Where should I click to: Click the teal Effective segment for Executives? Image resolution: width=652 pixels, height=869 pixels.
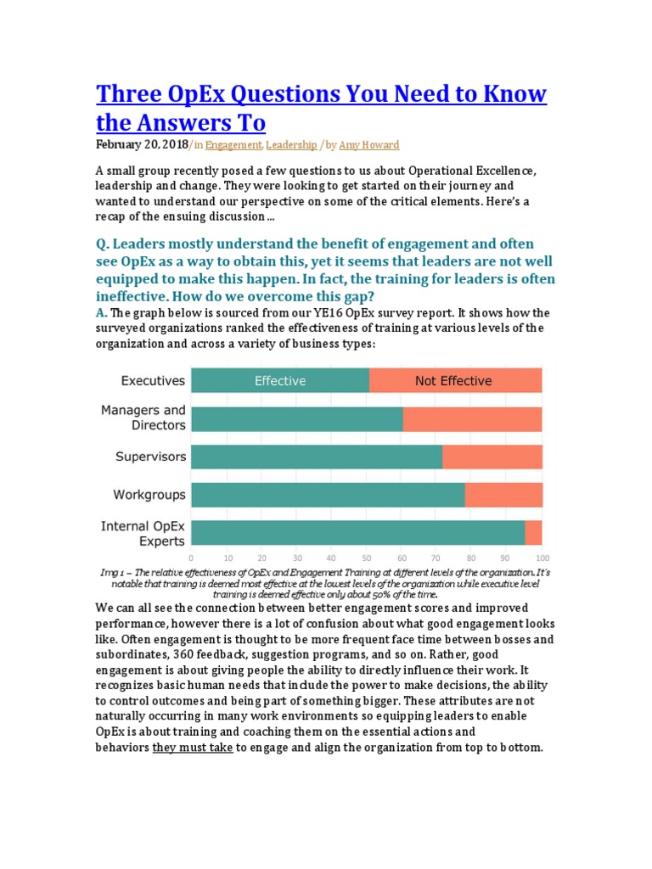[x=280, y=381]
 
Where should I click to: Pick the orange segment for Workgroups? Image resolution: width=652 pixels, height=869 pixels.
[x=503, y=495]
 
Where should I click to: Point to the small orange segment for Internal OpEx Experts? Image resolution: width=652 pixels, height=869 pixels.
[x=533, y=532]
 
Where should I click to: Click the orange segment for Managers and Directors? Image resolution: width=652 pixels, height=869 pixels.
[x=472, y=419]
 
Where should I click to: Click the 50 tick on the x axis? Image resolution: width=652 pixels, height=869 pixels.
[x=367, y=558]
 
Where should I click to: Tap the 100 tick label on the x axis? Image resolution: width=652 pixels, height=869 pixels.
[x=542, y=558]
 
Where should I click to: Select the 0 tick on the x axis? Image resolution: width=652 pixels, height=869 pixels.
[x=191, y=558]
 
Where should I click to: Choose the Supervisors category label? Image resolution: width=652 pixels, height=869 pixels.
[x=150, y=457]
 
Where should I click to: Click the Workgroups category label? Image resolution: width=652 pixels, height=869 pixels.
[x=149, y=494]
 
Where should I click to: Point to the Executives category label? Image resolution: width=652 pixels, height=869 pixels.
[x=154, y=381]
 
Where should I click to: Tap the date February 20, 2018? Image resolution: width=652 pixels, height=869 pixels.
[x=142, y=146]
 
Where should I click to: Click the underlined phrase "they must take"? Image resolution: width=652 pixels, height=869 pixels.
[x=193, y=748]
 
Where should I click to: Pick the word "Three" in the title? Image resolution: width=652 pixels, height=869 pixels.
[x=133, y=94]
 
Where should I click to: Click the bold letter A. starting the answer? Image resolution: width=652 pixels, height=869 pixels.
[x=101, y=312]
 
